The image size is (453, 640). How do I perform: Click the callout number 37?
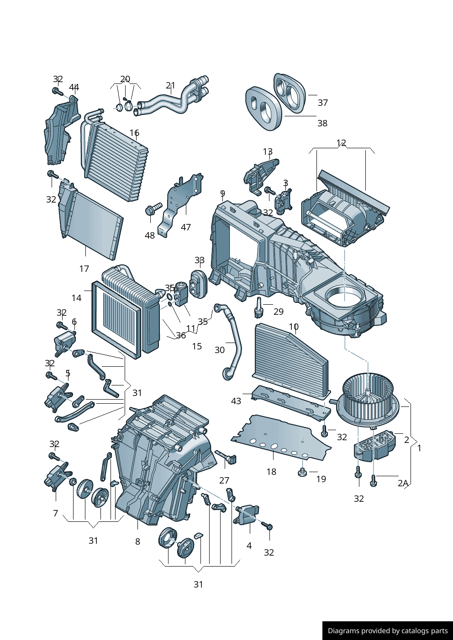[322, 103]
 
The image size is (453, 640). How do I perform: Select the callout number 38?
[322, 123]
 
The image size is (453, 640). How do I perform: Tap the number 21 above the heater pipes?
[170, 85]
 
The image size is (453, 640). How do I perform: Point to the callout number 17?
[84, 269]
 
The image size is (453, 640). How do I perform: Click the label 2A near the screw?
[403, 483]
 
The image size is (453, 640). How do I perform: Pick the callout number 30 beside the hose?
[220, 350]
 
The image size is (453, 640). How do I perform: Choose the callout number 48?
[150, 235]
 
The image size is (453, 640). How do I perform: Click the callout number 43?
[236, 401]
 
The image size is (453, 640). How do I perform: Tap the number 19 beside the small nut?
[321, 479]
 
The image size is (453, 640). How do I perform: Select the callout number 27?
[224, 480]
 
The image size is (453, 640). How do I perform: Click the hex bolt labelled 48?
[153, 208]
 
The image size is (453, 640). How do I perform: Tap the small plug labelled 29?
[258, 307]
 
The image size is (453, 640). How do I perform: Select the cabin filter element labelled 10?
[291, 361]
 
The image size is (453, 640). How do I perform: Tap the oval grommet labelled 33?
[199, 284]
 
